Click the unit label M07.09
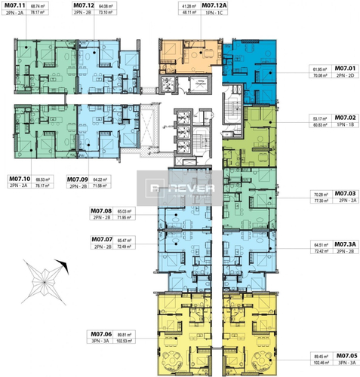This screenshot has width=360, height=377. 78,179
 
